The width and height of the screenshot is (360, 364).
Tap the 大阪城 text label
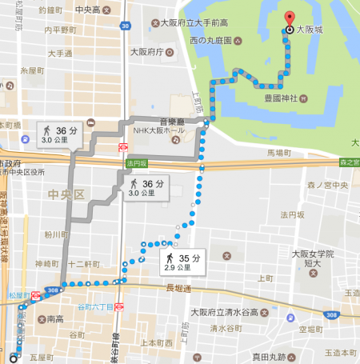click(313, 30)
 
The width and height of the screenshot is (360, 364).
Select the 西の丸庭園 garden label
click(211, 40)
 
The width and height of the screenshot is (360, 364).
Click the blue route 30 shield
click(126, 27)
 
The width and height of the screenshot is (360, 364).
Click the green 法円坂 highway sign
click(138, 163)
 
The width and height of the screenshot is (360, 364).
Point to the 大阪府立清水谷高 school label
click(222, 312)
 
